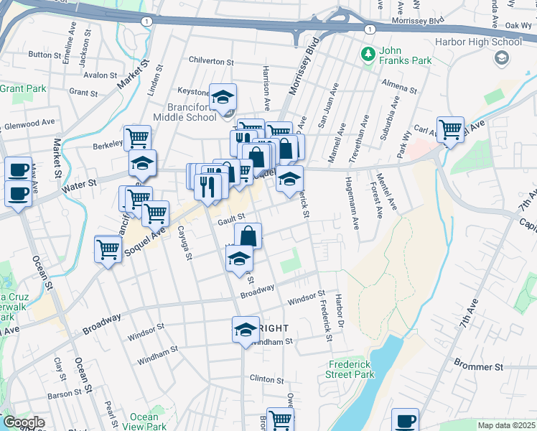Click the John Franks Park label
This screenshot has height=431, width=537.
pyautogui.click(x=406, y=55)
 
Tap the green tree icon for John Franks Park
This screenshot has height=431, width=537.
pyautogui.click(x=368, y=53)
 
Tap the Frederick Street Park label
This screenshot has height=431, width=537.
pyautogui.click(x=350, y=369)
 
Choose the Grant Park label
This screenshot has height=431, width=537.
pyautogui.click(x=13, y=88)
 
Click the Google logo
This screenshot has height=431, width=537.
pyautogui.click(x=24, y=422)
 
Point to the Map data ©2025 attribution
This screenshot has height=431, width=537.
pyautogui.click(x=505, y=425)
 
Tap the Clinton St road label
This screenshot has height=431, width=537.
pyautogui.click(x=262, y=379)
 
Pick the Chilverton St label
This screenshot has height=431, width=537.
pyautogui.click(x=211, y=62)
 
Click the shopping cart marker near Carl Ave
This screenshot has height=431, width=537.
pyautogui.click(x=450, y=130)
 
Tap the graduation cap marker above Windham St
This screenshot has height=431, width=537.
pyautogui.click(x=246, y=330)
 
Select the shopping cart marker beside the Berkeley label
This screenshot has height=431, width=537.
pyautogui.click(x=137, y=137)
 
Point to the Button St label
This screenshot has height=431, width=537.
pyautogui.click(x=45, y=55)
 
